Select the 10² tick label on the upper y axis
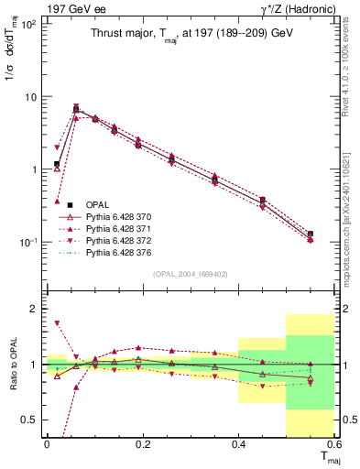pyautogui.click(x=27, y=24)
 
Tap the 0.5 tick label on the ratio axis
pyautogui.click(x=30, y=420)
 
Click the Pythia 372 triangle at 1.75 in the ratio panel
pyautogui.click(x=57, y=323)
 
